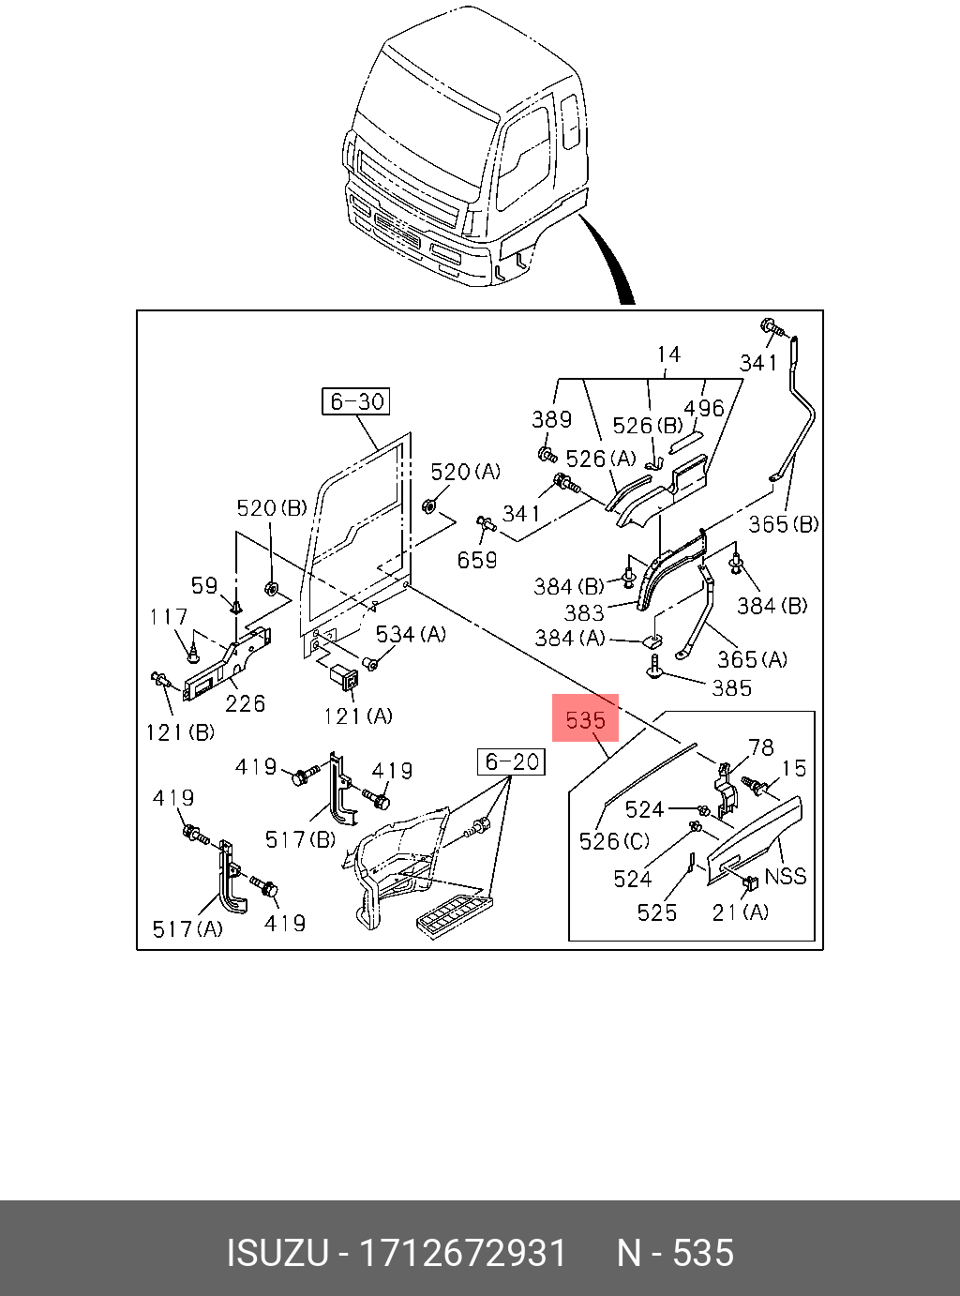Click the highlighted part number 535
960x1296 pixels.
[585, 719]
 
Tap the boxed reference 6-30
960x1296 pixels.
[356, 401]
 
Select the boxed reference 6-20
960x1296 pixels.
[512, 761]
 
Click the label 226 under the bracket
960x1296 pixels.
[245, 702]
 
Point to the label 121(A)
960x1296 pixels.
[357, 716]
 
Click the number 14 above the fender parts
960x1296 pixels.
[668, 354]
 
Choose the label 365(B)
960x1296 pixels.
[783, 523]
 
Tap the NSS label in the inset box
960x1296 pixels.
[786, 876]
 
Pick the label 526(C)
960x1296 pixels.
[614, 841]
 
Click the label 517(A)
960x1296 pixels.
[187, 928]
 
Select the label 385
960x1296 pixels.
[731, 688]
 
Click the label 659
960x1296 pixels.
[477, 560]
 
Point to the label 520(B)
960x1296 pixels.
[271, 508]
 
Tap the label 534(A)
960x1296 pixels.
[411, 635]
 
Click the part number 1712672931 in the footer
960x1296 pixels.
[464, 1253]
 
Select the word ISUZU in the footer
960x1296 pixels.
[277, 1253]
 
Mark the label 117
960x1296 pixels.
[168, 617]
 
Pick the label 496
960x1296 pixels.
[704, 408]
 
